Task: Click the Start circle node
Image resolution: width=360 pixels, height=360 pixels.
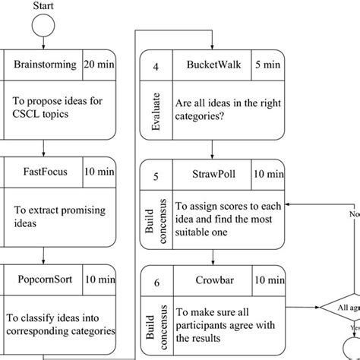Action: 43,27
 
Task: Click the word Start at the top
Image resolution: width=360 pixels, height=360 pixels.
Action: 44,6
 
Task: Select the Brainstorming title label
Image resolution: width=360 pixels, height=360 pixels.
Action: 45,65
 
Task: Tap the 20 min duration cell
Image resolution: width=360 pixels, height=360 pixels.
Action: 99,65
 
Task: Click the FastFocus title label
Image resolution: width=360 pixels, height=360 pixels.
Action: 41,172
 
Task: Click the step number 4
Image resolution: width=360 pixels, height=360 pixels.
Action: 156,65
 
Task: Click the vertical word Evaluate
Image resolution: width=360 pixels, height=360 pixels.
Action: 156,112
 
